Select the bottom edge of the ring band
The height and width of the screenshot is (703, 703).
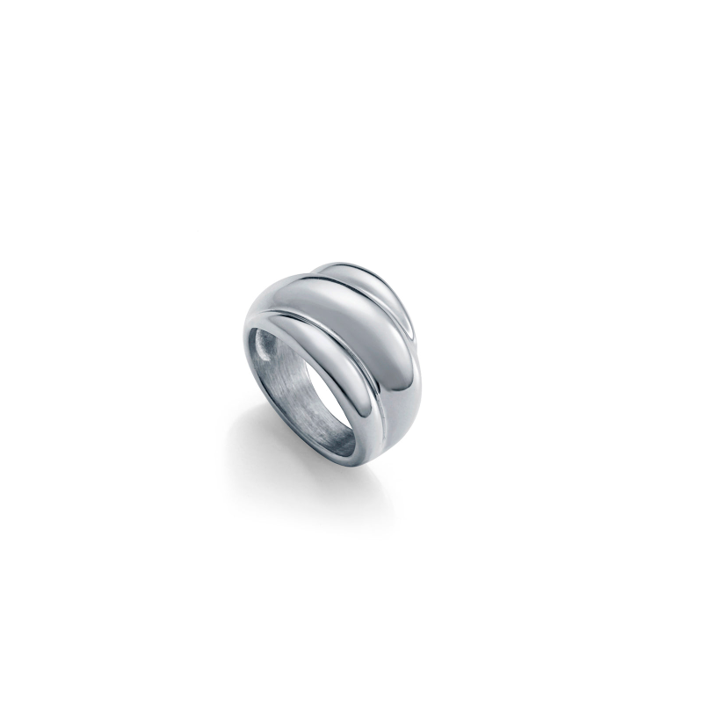351,475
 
